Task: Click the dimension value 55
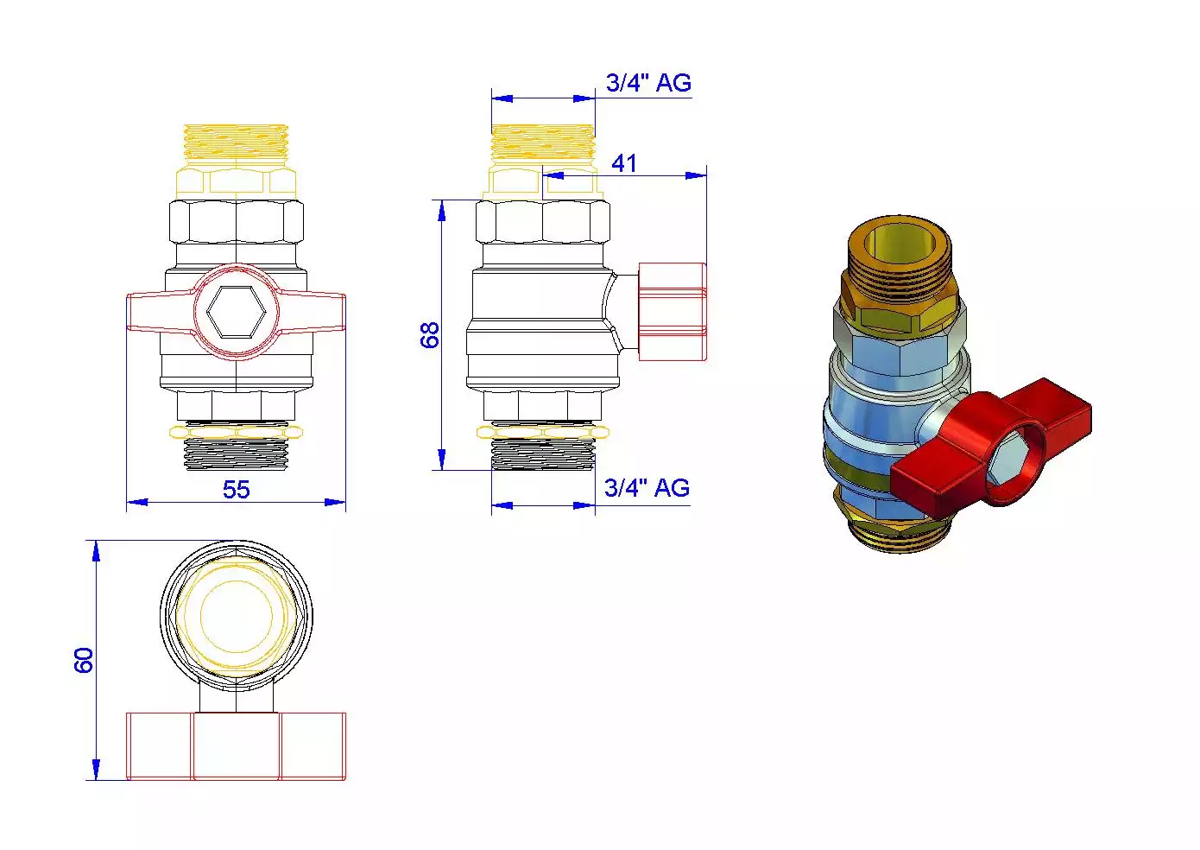tap(237, 489)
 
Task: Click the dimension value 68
tap(430, 335)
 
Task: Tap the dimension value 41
tap(624, 163)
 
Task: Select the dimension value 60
tap(84, 660)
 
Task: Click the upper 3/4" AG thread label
tap(648, 83)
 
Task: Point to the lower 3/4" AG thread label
tap(647, 488)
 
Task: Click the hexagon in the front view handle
tap(237, 312)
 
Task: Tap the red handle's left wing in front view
tap(161, 311)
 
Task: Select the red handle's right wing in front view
tap(312, 311)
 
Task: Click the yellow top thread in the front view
tap(237, 141)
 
